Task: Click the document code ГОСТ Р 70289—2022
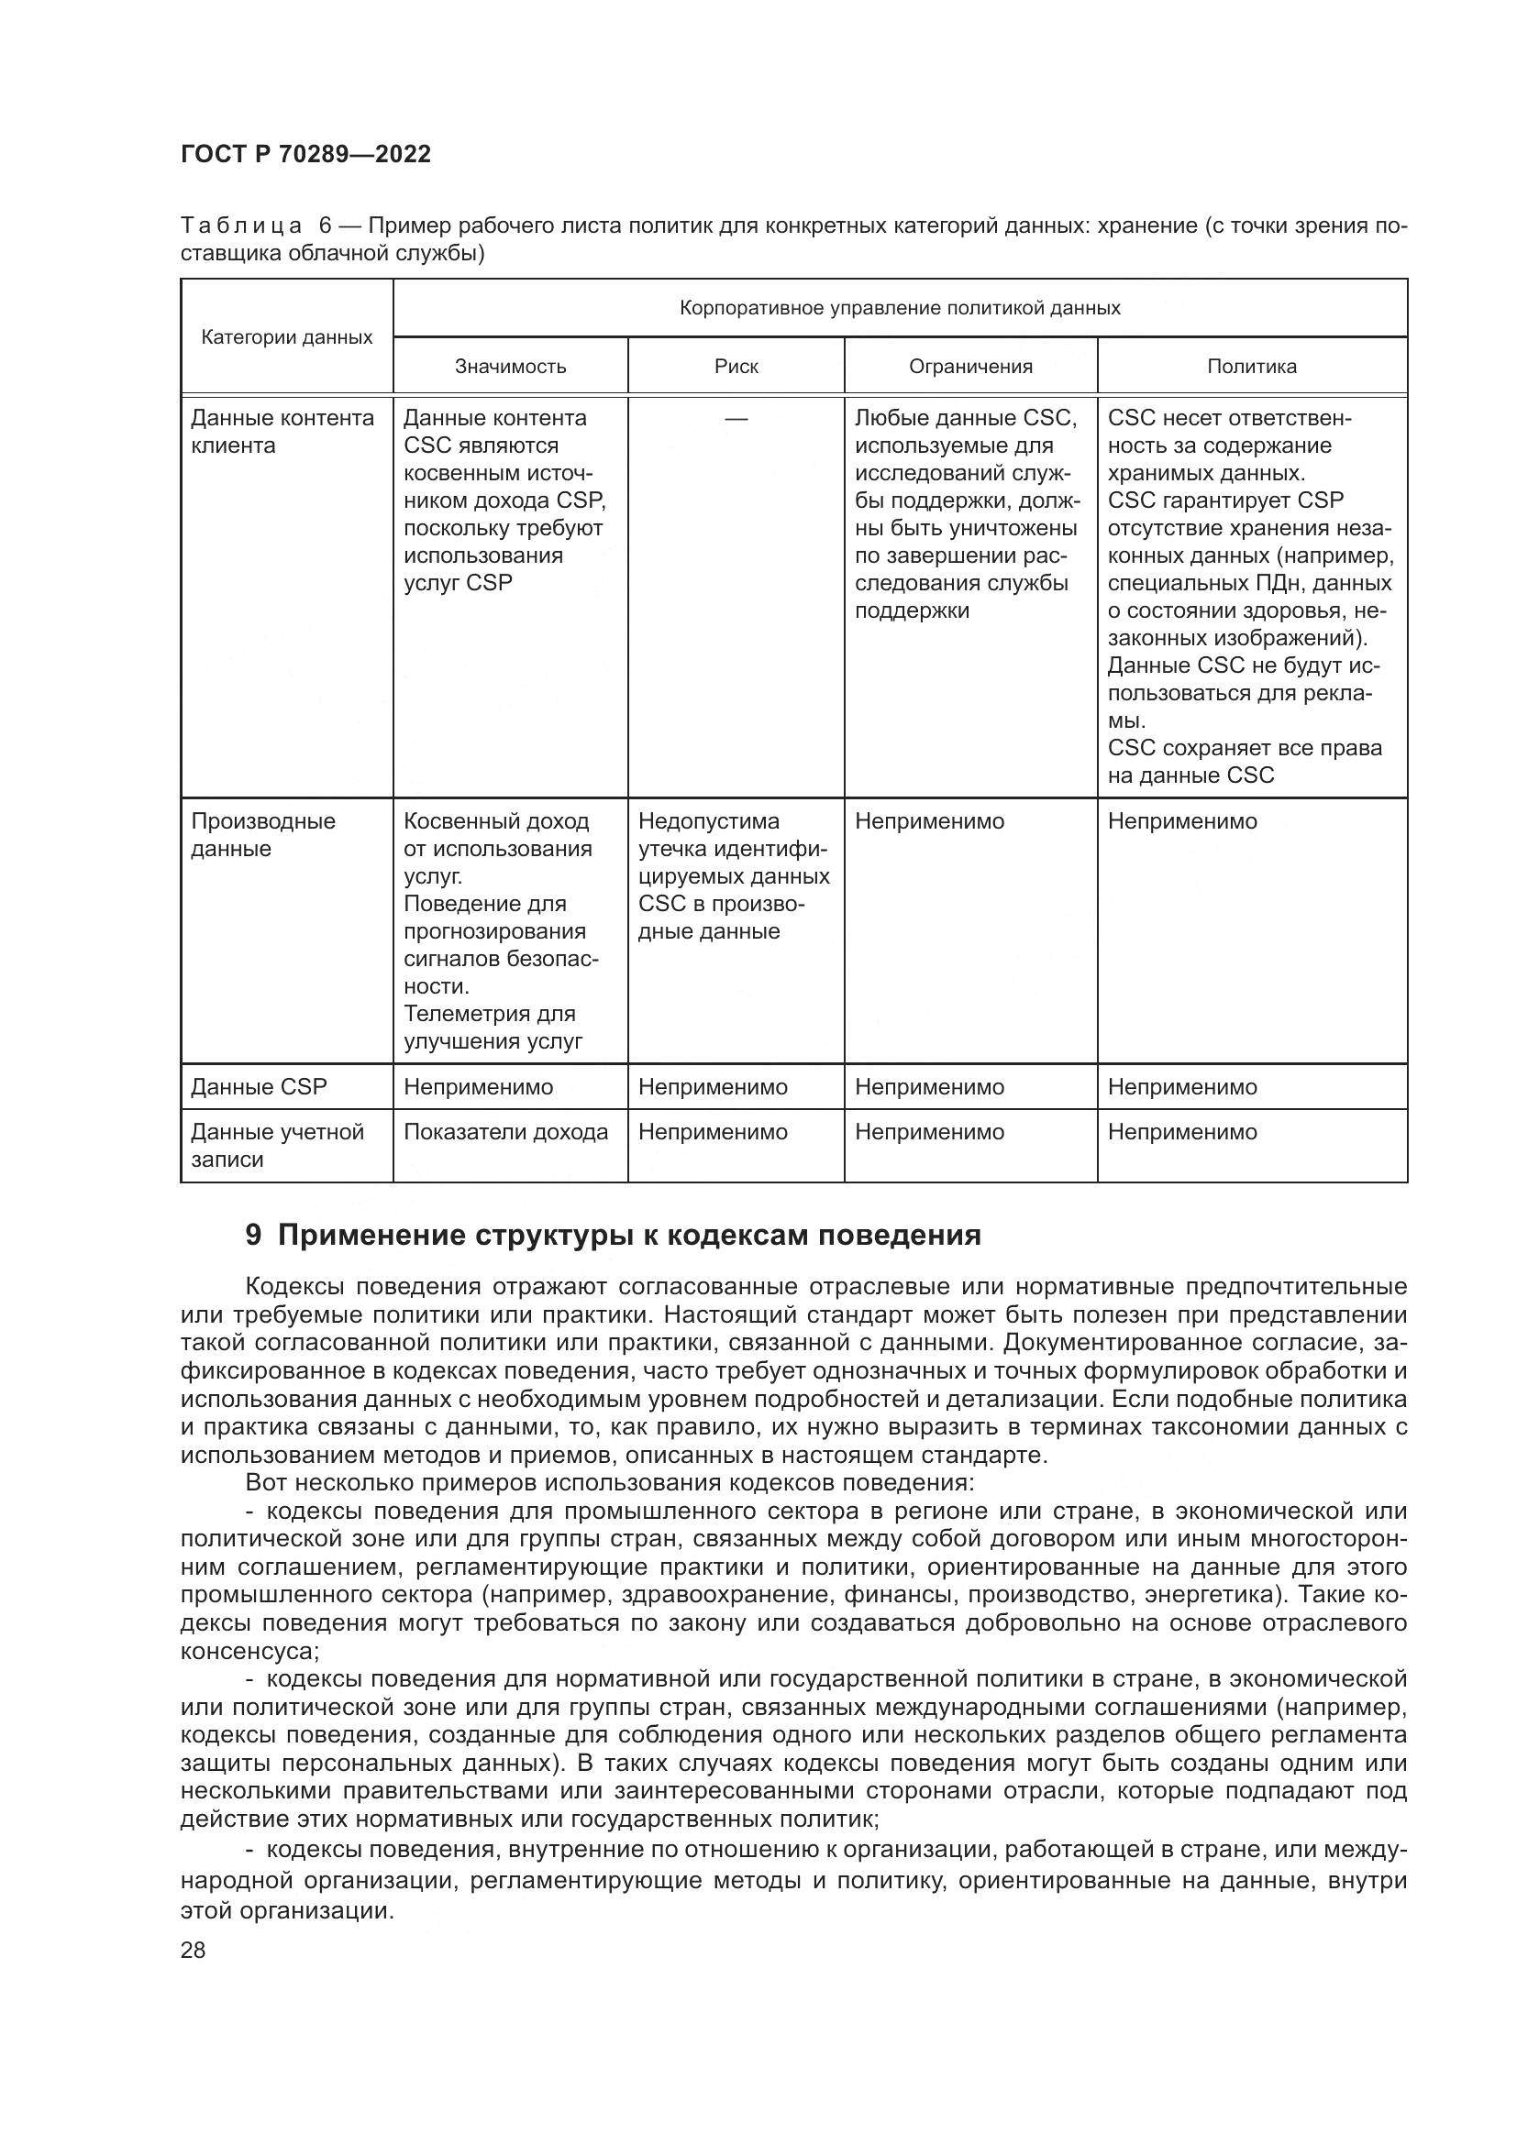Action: click(305, 154)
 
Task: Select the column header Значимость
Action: click(510, 366)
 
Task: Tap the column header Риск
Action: click(736, 366)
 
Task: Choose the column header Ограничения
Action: click(970, 366)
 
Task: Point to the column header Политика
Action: click(1252, 366)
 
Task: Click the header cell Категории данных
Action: click(287, 337)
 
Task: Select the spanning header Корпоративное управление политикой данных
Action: click(900, 308)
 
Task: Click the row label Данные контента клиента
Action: click(282, 432)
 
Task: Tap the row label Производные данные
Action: click(262, 834)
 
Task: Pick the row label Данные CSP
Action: click(259, 1086)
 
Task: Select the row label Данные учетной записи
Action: click(276, 1145)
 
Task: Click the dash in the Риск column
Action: click(736, 419)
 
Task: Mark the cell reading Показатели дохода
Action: click(505, 1132)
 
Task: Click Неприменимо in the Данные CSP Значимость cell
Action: click(478, 1086)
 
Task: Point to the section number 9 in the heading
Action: click(253, 1235)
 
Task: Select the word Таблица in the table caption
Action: click(241, 226)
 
